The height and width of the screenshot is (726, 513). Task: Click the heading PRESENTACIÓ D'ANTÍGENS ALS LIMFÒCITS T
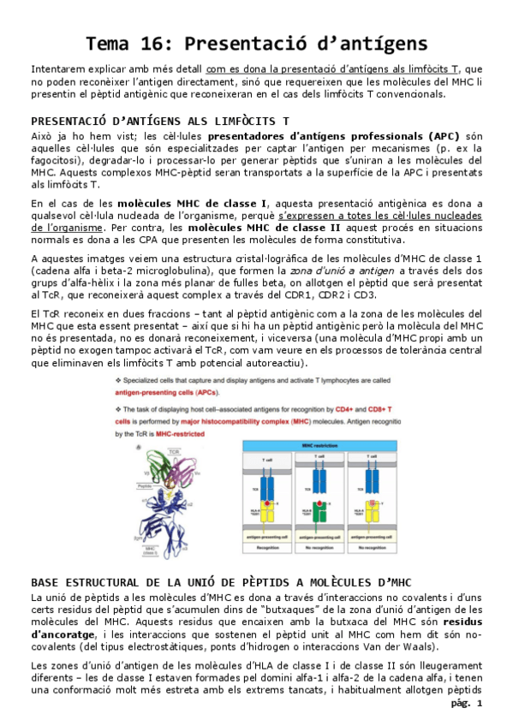tap(159, 122)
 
